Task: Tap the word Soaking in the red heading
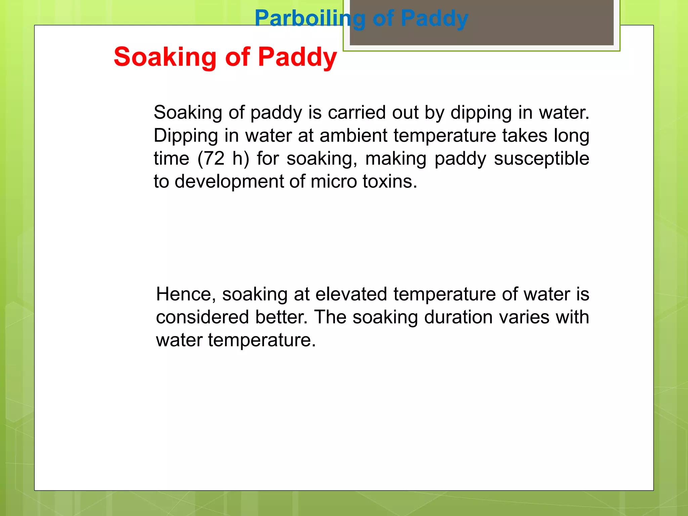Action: click(x=165, y=57)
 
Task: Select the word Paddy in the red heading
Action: click(x=297, y=57)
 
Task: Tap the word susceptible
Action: click(x=542, y=159)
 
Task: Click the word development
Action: click(x=229, y=181)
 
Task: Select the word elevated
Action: click(x=351, y=294)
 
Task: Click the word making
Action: click(x=396, y=159)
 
